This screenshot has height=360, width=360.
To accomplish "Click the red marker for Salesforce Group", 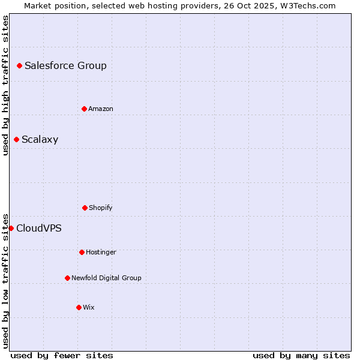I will coord(19,65).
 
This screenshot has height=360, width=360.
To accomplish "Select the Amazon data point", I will coord(84,109).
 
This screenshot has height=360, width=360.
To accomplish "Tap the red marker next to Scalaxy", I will coord(16,140).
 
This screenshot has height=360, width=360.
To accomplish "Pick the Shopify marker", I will coord(85,208).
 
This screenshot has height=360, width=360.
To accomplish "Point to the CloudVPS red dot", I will coord(11,228).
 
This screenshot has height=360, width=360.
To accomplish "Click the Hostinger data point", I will coord(82,252).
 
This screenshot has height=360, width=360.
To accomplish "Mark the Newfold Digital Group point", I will coord(67,278).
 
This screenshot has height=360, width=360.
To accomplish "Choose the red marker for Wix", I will coord(79,307).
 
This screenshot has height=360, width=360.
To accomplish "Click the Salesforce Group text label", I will coord(65,65).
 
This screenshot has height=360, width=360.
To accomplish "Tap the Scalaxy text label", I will coord(40,140).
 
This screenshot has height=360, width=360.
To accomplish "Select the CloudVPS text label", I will coord(38,228).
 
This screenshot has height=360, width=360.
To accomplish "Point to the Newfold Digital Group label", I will coord(106,278).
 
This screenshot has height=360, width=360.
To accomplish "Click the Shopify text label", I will coord(100,208).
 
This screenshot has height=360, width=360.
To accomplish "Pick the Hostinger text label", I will coord(101,252).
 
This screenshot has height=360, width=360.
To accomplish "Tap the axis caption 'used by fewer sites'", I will coord(62,355).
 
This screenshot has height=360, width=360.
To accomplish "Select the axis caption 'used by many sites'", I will coord(301,355).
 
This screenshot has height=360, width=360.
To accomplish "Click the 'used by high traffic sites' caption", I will coord(5,85).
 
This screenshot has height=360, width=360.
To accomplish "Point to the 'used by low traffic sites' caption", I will coord(5,280).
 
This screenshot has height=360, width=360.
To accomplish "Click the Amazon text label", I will coord(100,109).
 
